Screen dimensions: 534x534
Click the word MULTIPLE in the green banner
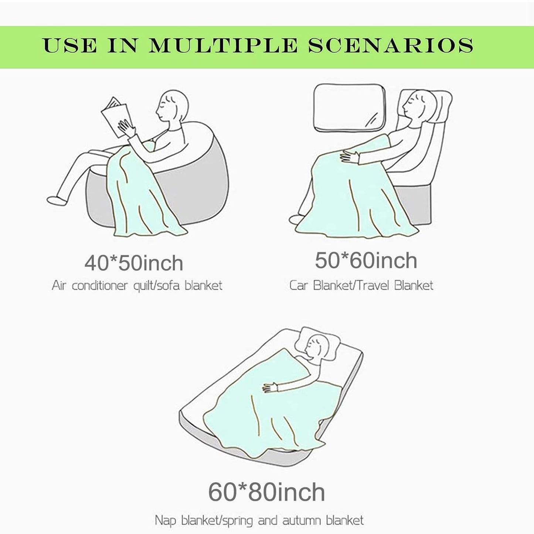223,45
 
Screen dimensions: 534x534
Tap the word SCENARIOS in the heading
391,45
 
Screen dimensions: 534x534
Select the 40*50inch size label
134,263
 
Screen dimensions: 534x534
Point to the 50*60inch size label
366,261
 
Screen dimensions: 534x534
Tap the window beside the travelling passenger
350,108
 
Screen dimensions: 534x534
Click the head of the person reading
172,106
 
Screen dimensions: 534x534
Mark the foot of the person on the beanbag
57,201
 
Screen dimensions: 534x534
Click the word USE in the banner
70,45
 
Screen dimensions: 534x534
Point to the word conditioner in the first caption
100,285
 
